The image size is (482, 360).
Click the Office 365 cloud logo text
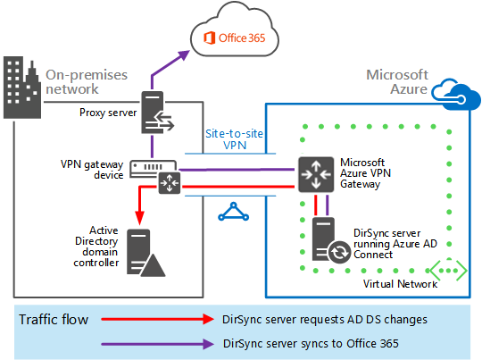point(234,38)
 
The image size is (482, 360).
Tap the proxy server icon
point(157,113)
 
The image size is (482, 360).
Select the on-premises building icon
point(22,88)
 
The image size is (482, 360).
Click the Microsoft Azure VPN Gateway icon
point(316,175)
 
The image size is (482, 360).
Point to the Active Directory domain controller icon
point(145,253)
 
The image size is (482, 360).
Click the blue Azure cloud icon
point(456,94)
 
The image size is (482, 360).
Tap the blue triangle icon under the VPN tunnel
point(233,212)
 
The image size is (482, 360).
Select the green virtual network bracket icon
point(448,271)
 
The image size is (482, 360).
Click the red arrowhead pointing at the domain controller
point(139,218)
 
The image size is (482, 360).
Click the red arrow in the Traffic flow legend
point(157,319)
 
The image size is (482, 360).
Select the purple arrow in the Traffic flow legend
point(157,344)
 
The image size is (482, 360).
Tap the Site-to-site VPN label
point(234,139)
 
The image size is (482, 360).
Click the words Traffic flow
point(54,320)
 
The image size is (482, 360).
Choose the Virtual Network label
point(400,284)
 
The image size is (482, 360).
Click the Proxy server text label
point(108,113)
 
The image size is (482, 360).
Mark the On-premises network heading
point(87,82)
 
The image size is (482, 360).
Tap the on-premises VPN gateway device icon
point(155,177)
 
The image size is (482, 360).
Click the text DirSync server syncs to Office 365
point(311,343)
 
